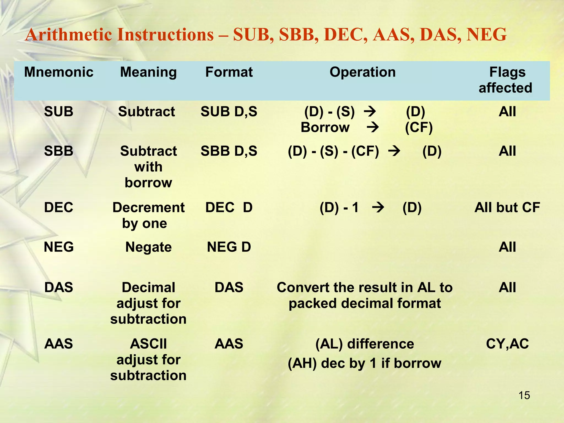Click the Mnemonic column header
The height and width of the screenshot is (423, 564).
59,72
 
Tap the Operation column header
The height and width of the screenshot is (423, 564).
362,72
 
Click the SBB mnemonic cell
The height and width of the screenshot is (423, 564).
59,151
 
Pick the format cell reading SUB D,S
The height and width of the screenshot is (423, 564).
229,112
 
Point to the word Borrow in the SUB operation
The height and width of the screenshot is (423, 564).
325,127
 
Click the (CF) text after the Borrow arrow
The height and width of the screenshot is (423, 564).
419,127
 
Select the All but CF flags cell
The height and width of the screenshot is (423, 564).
507,207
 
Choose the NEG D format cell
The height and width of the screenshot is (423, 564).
229,247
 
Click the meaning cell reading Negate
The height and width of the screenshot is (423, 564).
148,247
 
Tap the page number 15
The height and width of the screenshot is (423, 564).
524,395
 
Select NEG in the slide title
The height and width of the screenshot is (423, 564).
486,35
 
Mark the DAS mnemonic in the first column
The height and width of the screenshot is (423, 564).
59,287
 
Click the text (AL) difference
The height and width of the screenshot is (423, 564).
364,344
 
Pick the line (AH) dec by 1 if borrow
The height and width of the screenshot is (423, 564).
364,363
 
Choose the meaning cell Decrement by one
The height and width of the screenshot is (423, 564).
148,215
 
